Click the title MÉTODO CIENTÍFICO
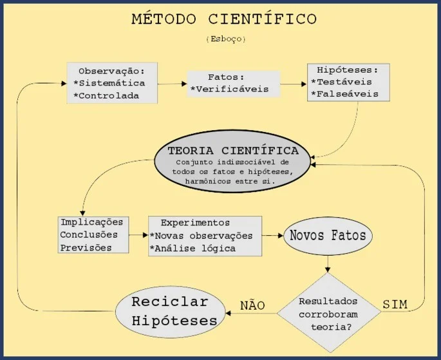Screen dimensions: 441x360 coord(224,19)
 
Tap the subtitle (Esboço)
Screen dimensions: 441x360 coord(226,39)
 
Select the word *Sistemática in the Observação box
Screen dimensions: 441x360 coord(109,83)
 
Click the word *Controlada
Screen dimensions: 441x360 coord(106,95)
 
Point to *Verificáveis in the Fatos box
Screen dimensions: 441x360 coord(229,89)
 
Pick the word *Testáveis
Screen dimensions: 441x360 coord(342,82)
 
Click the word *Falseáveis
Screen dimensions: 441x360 coord(345,93)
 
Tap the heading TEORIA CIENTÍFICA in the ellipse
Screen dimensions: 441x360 coord(233,151)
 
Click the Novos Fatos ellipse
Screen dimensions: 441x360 coord(328,236)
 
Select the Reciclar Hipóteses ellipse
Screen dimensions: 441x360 coord(171,312)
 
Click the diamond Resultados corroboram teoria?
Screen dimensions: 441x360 coord(329,313)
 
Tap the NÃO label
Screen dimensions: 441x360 coord(252,305)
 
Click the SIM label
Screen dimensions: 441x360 coord(395,305)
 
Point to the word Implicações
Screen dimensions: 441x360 coord(92,222)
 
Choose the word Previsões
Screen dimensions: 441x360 coord(86,248)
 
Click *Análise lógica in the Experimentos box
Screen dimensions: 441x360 coord(192,249)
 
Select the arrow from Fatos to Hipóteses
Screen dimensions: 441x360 coord(294,84)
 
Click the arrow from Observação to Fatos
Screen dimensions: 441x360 coord(172,84)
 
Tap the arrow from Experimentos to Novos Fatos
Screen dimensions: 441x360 coord(272,236)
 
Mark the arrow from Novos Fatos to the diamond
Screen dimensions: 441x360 coord(328,264)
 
